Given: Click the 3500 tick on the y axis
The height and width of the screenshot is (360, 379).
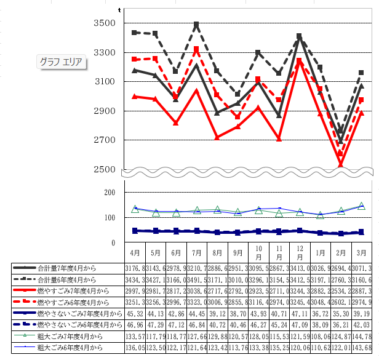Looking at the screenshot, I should pos(105,23).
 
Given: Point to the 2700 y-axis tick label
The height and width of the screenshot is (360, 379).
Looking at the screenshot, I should pos(105,140).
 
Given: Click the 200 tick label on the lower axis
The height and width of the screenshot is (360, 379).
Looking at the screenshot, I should pos(109,193).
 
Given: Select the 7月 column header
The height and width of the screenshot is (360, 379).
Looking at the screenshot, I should pos(197,253).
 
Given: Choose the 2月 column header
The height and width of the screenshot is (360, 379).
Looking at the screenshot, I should pos(341,253).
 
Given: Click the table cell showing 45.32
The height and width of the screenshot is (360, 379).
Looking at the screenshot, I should pos(135,313).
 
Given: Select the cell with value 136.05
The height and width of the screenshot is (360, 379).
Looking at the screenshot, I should pos(135,346).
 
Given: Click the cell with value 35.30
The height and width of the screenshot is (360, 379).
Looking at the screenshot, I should pos(341,313).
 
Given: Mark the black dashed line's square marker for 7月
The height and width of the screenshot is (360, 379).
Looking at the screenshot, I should pos(196,25).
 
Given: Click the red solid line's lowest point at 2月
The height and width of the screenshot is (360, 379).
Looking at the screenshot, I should pos(341,164).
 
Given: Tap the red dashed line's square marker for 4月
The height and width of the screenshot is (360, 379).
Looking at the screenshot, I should pos(135,59).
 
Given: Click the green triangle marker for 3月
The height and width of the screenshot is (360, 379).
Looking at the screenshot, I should pos(362,206).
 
